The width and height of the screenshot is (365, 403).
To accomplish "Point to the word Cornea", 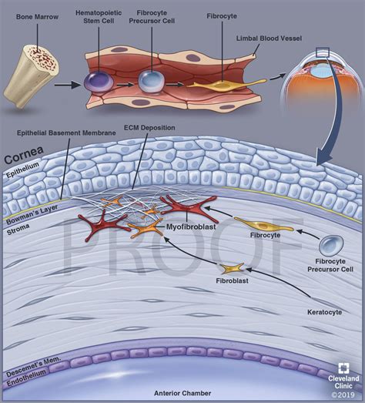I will [x=22, y=160].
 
